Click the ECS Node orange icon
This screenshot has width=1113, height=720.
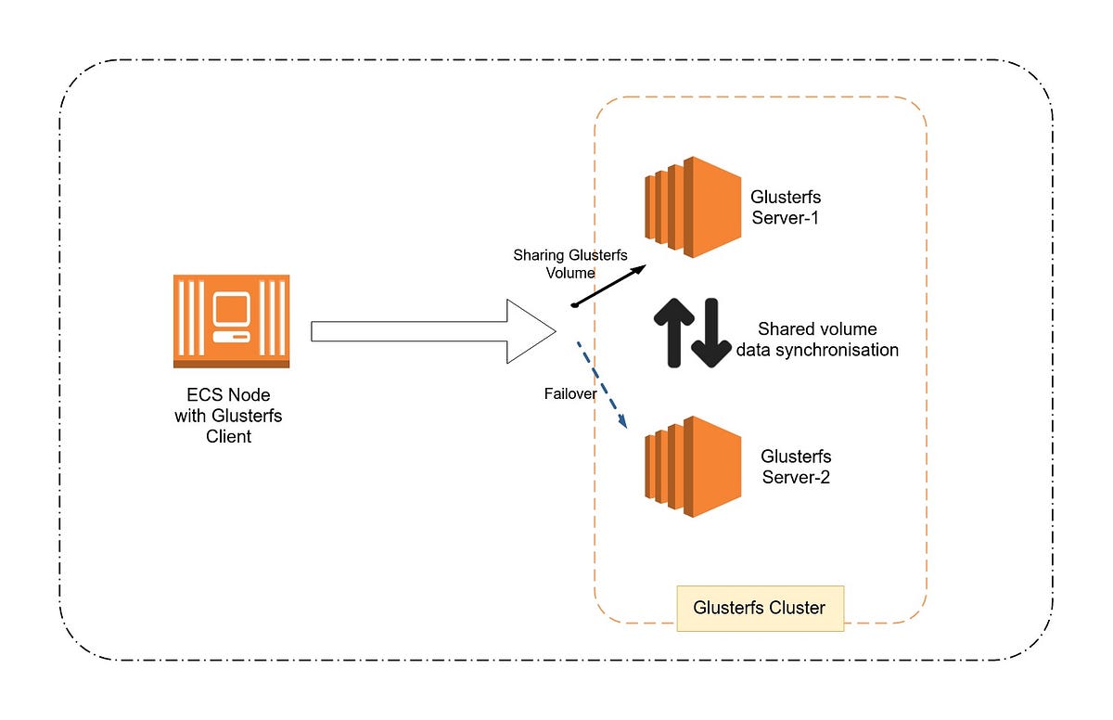coord(231,321)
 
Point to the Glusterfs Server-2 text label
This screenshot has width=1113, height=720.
coord(796,467)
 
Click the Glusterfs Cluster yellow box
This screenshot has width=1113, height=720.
coord(760,609)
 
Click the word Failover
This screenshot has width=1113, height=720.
coord(570,394)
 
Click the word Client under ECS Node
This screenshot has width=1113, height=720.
coord(228,436)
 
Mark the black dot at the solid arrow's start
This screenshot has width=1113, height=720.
coord(575,304)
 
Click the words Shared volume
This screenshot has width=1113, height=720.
coord(817,328)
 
